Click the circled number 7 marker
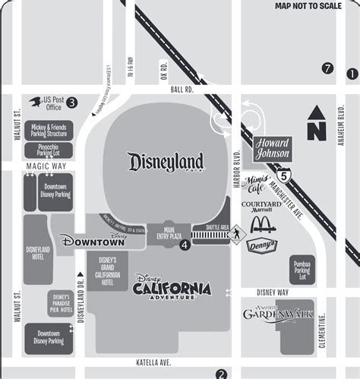click(x=327, y=68)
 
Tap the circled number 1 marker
click(x=352, y=74)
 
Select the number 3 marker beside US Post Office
click(x=71, y=103)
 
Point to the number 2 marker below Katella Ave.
click(x=221, y=373)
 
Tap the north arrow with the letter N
click(x=316, y=121)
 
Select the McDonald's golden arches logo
click(x=261, y=223)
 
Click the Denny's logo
click(x=261, y=245)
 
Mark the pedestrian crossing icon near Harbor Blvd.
click(x=235, y=232)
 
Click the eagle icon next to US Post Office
click(x=35, y=101)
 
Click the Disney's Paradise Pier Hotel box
click(x=60, y=302)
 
